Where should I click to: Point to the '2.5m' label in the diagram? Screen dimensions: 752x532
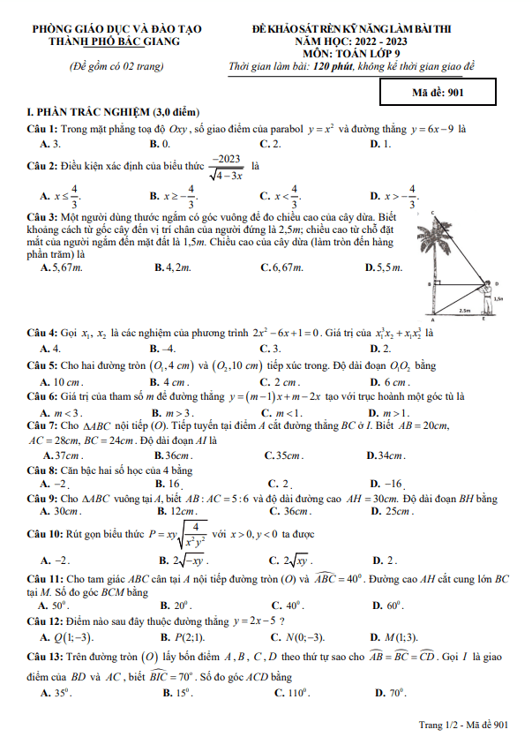[464, 311]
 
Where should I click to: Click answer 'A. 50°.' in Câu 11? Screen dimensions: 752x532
[54, 605]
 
